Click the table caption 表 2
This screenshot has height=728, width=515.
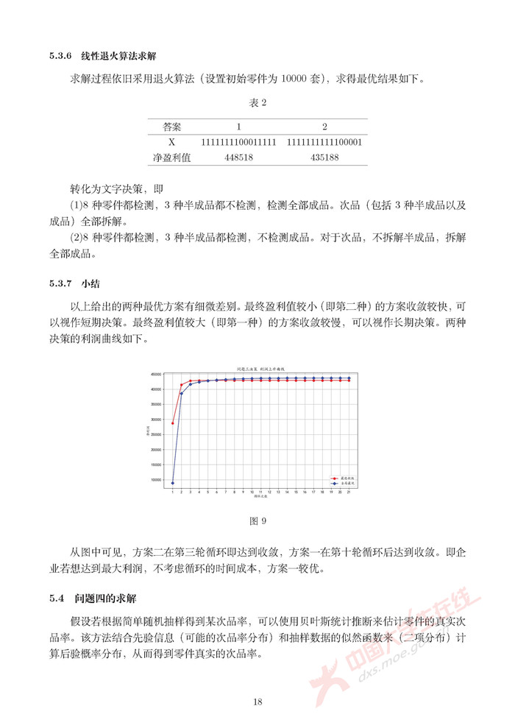[x=257, y=102]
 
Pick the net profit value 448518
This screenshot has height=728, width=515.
[x=238, y=157]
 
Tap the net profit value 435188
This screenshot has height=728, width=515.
[x=324, y=157]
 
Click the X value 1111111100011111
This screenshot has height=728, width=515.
[x=238, y=142]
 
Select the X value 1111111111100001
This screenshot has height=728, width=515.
[x=324, y=142]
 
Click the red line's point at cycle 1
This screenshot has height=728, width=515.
[x=173, y=423]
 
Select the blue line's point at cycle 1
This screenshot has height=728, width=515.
[x=173, y=483]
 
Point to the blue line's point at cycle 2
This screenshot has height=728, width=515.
[x=182, y=393]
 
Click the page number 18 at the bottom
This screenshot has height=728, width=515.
[x=257, y=702]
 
